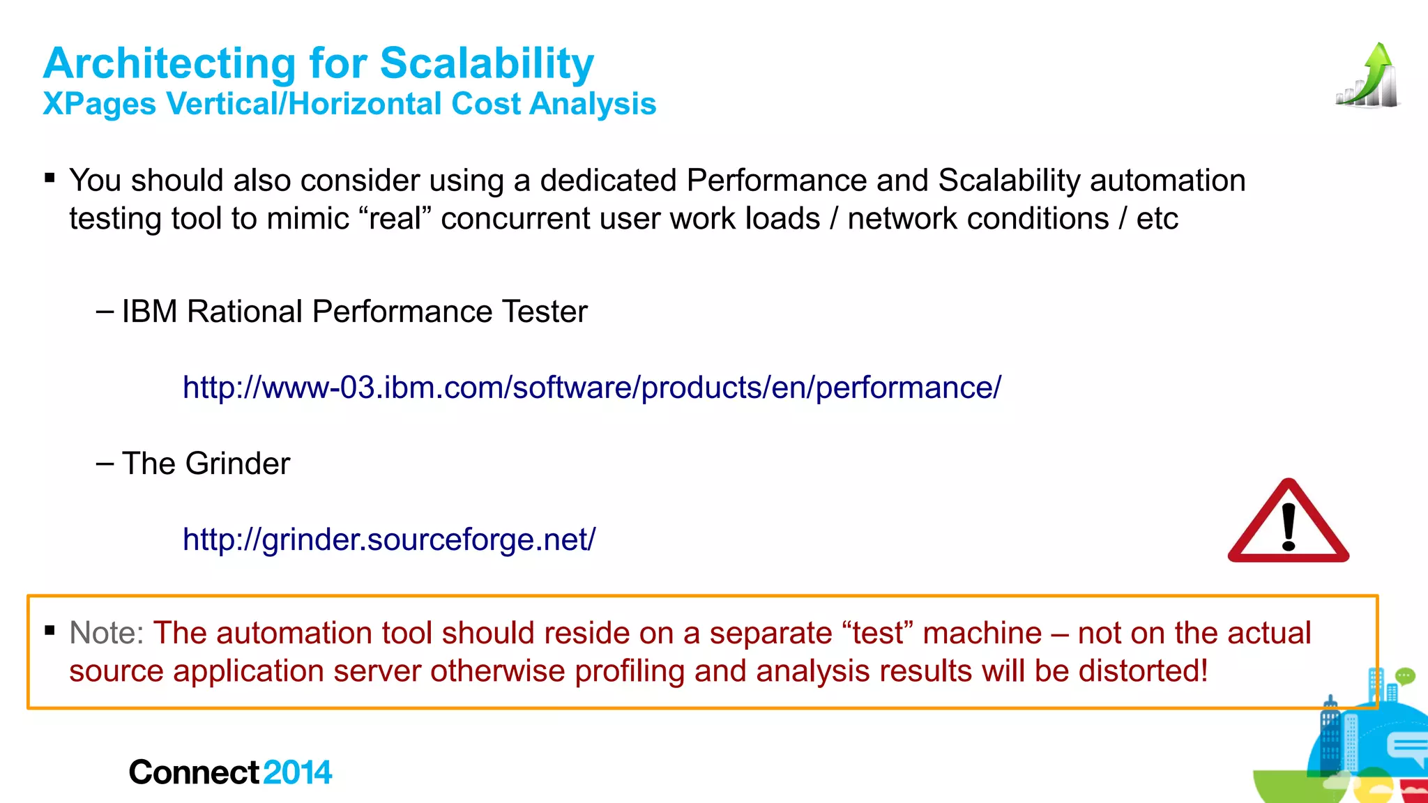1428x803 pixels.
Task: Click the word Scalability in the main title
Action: coord(487,64)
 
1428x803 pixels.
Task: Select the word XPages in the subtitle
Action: coord(99,105)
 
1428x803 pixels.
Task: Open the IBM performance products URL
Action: coord(591,388)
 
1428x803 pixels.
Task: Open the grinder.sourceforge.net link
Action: coord(389,540)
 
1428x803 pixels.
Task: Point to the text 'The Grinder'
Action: coord(206,464)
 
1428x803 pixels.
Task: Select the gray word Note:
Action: coord(107,633)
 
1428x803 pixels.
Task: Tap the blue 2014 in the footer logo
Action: coord(298,772)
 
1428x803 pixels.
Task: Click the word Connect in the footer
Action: coord(195,772)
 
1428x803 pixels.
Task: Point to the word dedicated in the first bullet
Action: coord(608,181)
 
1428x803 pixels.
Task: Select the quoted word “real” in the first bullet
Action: coord(396,219)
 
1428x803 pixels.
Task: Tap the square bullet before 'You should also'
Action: coord(50,178)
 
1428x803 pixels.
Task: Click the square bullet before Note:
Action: coord(50,631)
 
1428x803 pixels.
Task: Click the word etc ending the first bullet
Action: coord(1157,219)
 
